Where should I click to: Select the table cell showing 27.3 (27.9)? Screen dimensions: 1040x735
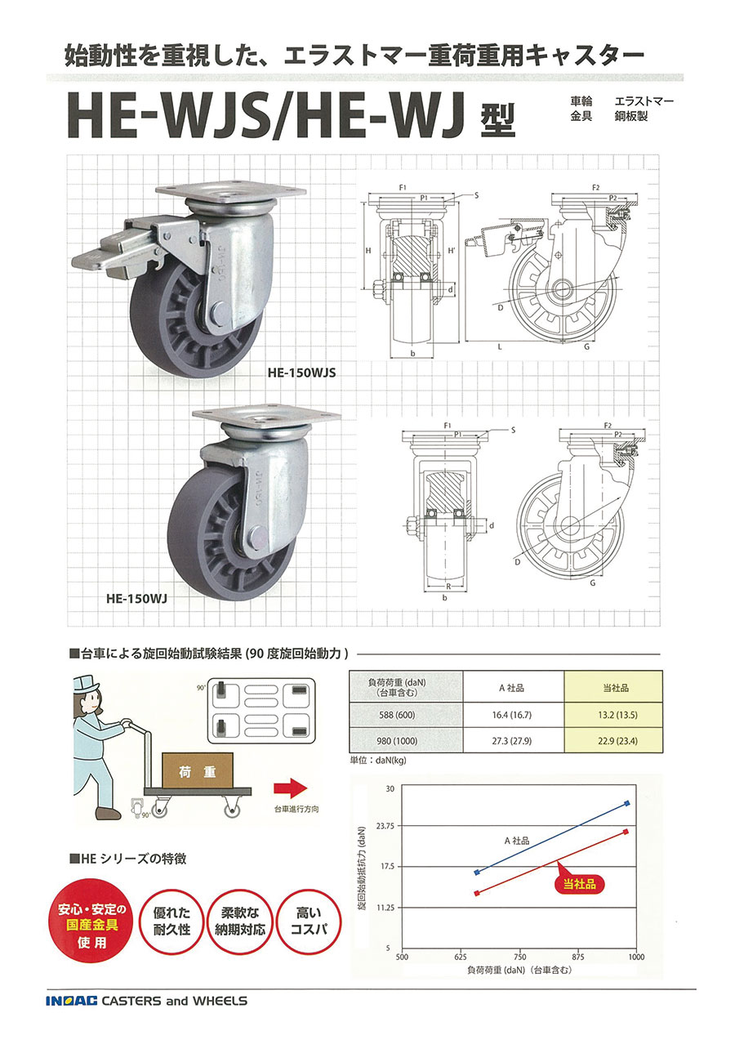click(x=514, y=742)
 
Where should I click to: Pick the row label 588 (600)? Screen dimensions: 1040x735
click(x=406, y=714)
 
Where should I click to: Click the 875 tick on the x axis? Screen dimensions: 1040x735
click(x=577, y=957)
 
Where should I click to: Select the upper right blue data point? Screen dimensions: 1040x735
click(x=627, y=803)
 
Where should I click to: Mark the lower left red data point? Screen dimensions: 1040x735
click(x=477, y=893)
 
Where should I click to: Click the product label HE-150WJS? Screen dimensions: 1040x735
click(x=301, y=372)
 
